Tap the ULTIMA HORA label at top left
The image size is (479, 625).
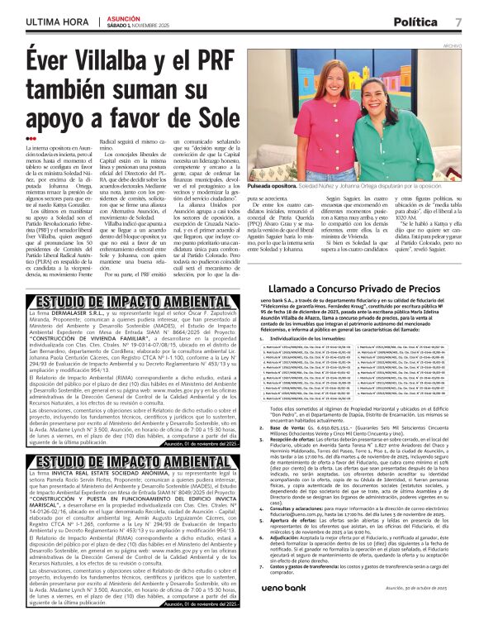click(x=57, y=21)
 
